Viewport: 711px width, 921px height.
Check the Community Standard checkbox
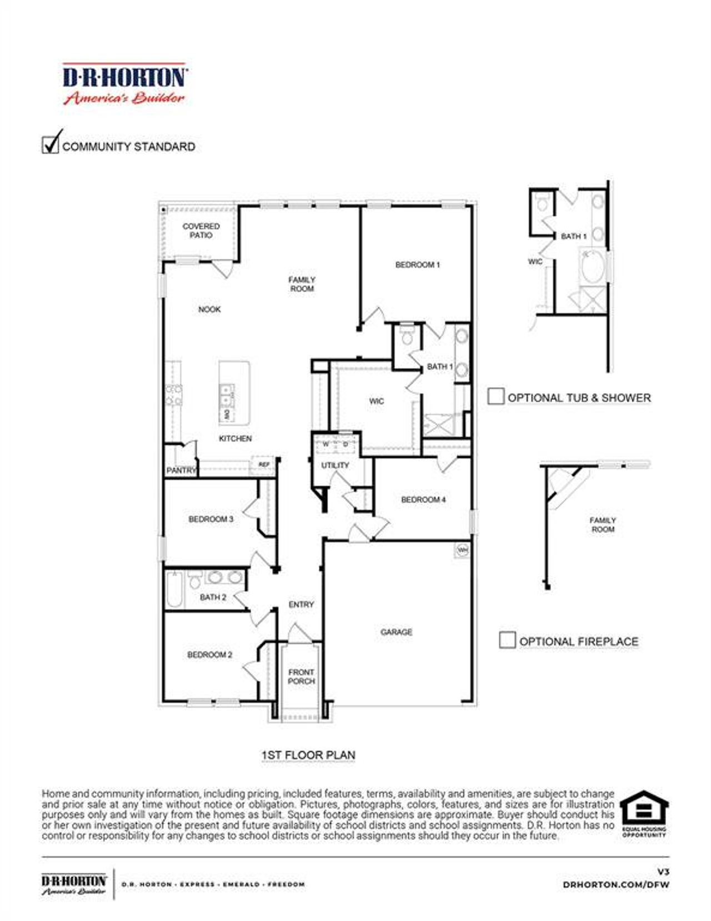click(50, 145)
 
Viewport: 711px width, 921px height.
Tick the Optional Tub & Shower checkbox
click(495, 397)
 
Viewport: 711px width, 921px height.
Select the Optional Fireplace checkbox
click(507, 640)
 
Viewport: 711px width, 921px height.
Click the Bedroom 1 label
click(417, 265)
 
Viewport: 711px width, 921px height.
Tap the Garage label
click(396, 632)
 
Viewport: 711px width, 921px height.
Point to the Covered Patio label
click(201, 231)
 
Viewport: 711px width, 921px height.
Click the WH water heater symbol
click(462, 550)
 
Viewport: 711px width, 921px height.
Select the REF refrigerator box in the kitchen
click(264, 464)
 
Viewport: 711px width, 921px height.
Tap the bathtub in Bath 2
click(173, 589)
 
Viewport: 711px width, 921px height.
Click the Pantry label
click(181, 470)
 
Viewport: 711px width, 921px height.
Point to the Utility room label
click(335, 465)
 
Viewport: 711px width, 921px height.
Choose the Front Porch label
click(301, 677)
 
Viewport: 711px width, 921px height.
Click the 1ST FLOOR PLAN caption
click(308, 755)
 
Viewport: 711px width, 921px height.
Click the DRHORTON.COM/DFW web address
click(615, 884)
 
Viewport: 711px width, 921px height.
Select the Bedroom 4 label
click(423, 500)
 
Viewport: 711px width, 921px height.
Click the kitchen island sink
click(226, 394)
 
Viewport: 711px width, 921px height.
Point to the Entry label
click(301, 604)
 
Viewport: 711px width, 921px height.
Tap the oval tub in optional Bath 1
click(593, 268)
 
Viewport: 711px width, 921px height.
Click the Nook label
click(209, 309)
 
